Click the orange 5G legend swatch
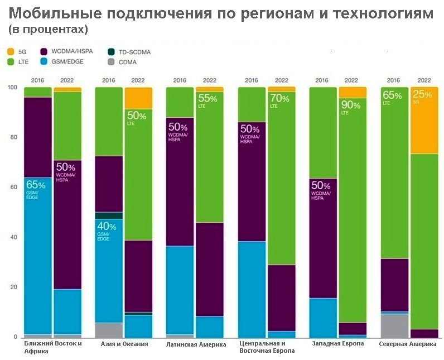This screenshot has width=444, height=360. (11, 52)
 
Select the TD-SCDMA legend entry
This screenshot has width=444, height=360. (129, 52)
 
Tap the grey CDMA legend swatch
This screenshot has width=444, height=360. (112, 62)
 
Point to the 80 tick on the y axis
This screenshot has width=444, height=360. (13, 137)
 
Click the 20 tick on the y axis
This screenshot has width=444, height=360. (13, 287)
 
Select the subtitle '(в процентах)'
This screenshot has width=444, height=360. (48, 30)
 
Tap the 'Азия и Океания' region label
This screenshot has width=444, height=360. (124, 344)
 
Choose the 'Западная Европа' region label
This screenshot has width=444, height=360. (338, 344)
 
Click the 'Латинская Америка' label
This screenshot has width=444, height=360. (196, 344)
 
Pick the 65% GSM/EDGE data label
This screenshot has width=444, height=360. (36, 190)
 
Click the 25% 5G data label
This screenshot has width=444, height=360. (422, 97)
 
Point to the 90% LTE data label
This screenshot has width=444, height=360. (350, 108)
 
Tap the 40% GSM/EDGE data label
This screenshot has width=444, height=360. (107, 232)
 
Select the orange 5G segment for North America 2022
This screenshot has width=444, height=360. (424, 121)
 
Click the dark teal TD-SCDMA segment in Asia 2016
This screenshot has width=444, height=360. (109, 215)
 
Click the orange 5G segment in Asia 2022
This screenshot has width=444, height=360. (138, 98)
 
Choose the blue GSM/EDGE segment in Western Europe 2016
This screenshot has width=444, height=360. (323, 318)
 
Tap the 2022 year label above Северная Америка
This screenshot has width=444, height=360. (424, 80)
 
